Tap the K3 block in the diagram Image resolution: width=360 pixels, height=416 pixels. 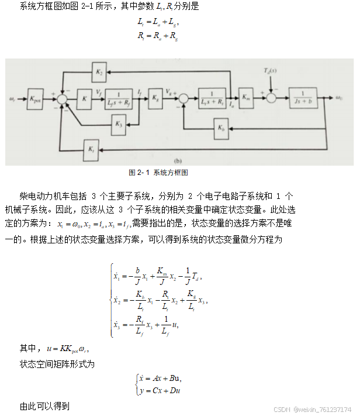pyautogui.click(x=119, y=123)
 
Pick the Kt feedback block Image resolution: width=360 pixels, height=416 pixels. pyautogui.click(x=91, y=149)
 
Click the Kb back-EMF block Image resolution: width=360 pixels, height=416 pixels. pyautogui.click(x=220, y=128)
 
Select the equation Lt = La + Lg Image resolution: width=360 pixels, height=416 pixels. pyautogui.click(x=157, y=23)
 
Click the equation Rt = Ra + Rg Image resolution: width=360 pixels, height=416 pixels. pyautogui.click(x=157, y=36)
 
